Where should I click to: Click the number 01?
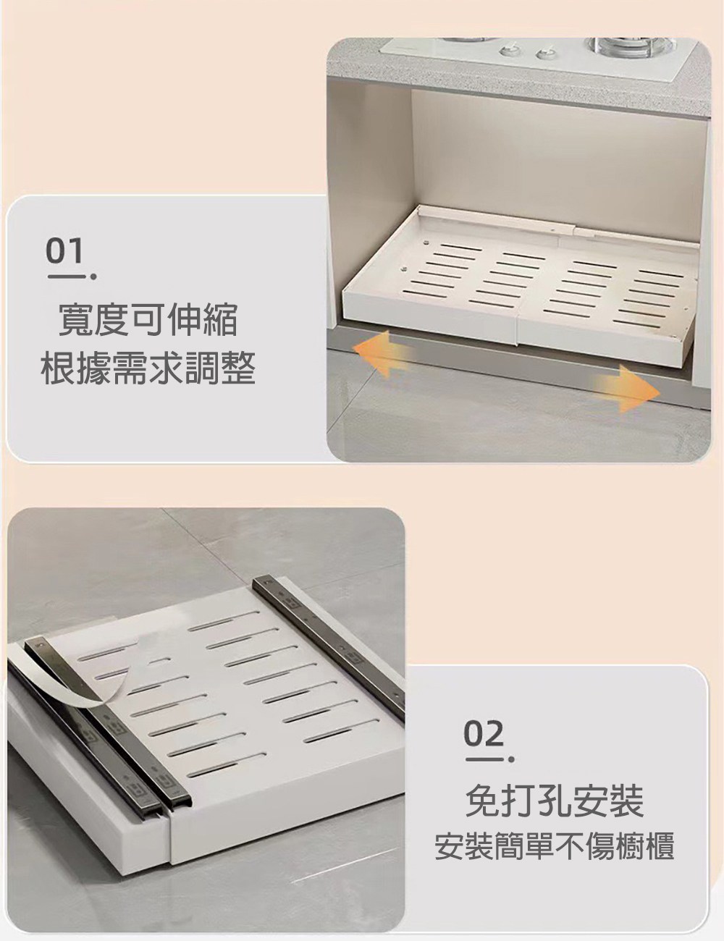[x=64, y=251]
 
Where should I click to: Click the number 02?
[x=484, y=733]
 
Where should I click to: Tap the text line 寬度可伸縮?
[x=148, y=321]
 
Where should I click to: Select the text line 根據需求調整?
[x=148, y=369]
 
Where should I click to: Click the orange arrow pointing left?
[x=381, y=352]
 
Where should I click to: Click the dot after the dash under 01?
[x=93, y=277]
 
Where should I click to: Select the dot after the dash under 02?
[x=512, y=759]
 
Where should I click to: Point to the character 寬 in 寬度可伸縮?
[x=75, y=321]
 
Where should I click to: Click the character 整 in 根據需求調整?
[x=237, y=369]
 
